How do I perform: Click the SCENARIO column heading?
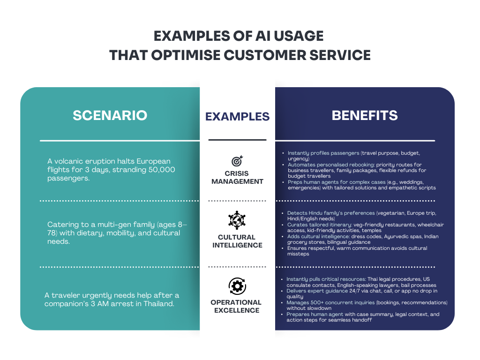pos(110,115)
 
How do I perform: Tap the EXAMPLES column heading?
pos(237,116)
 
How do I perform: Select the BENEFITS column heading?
pos(365,115)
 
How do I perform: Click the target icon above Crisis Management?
pos(237,161)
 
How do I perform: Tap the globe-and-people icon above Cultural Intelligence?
pos(237,220)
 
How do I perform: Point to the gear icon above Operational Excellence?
pos(237,286)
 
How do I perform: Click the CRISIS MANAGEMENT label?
pos(237,178)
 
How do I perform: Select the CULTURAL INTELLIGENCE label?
pos(237,241)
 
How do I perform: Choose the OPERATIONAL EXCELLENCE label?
pos(236,306)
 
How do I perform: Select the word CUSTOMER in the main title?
pos(264,55)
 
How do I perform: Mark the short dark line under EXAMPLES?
pos(237,140)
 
